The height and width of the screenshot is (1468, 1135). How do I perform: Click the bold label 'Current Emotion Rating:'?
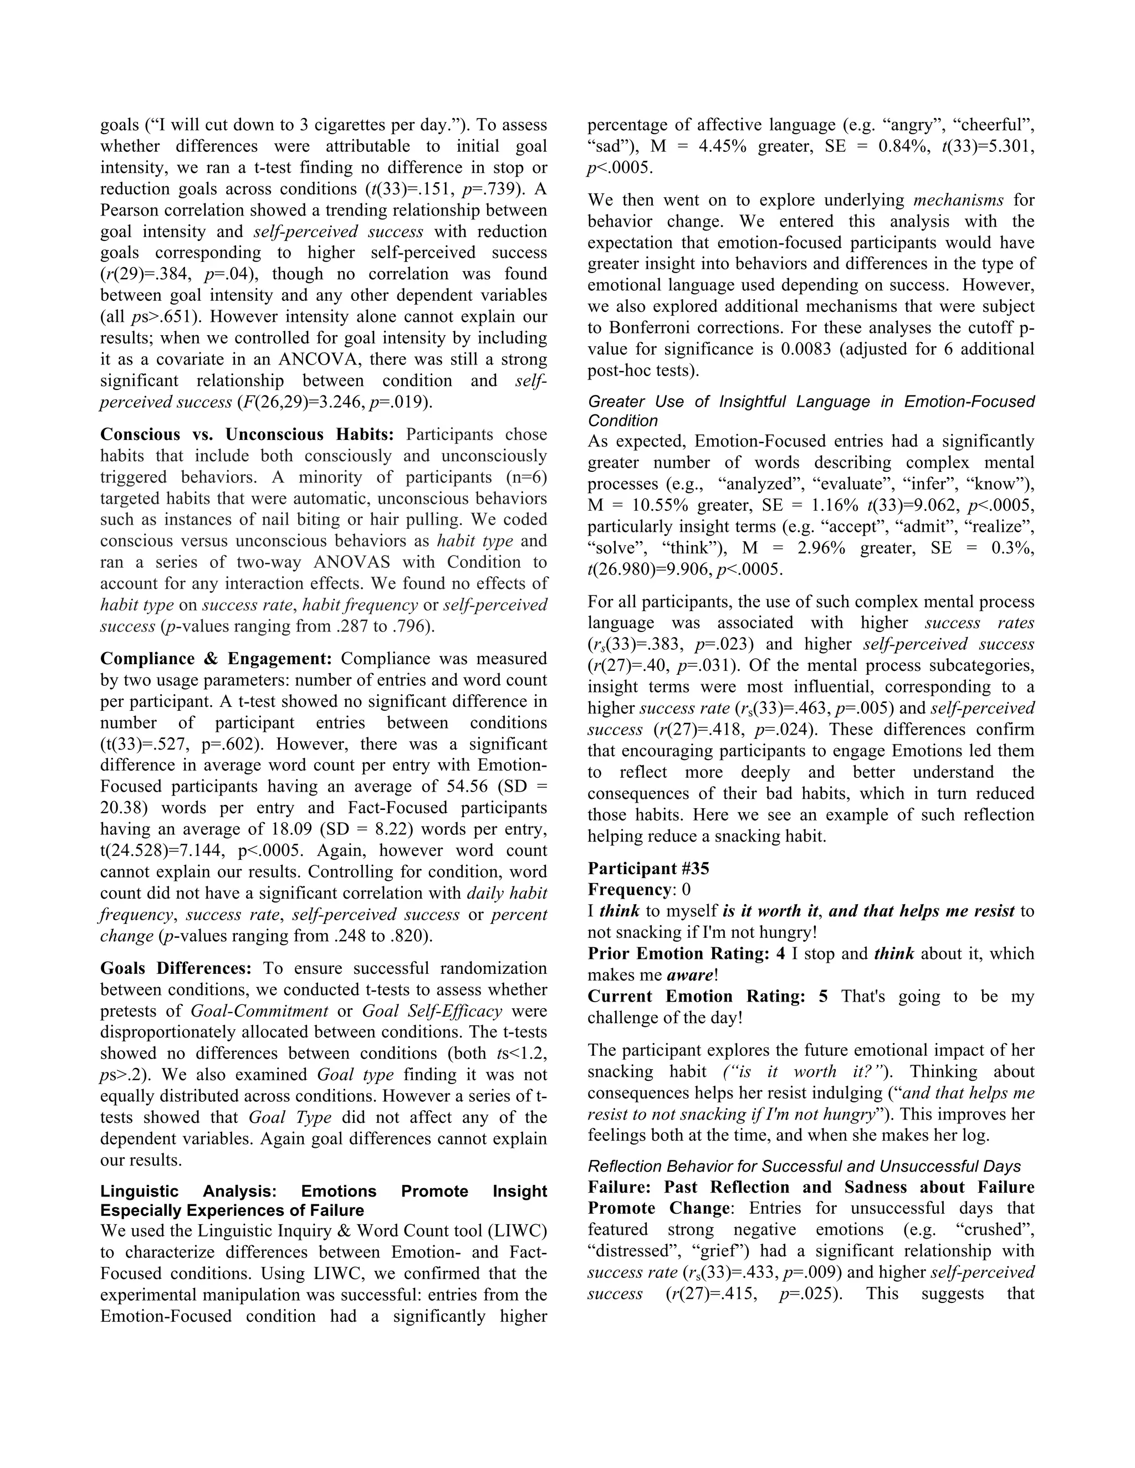click(696, 996)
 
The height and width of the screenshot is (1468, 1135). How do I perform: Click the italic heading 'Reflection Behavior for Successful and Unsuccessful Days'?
click(804, 1166)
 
